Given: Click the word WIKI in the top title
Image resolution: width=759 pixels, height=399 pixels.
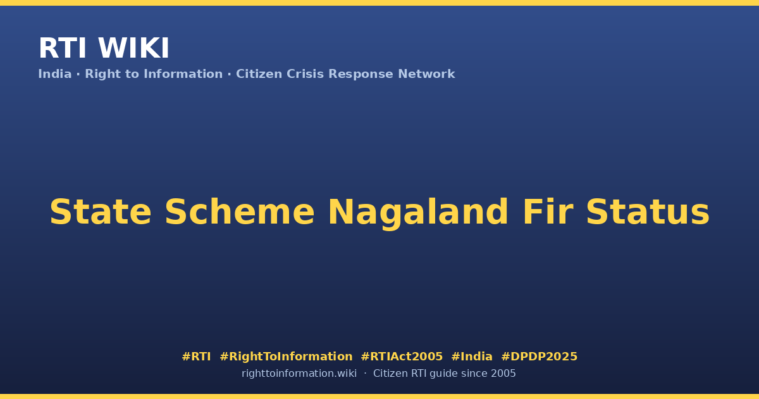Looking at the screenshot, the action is [133, 48].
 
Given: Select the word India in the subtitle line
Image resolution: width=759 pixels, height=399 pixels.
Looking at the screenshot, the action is [55, 74].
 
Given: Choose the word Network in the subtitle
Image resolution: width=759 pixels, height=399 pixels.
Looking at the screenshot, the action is [426, 74].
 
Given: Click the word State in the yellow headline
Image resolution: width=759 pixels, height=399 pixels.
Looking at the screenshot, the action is [101, 212].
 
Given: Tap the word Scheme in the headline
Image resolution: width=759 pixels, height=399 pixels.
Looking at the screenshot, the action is [240, 212].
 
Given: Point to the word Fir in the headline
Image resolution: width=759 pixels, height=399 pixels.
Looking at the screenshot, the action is [548, 212].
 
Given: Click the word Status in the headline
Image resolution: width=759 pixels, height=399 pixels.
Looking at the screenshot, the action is [648, 212].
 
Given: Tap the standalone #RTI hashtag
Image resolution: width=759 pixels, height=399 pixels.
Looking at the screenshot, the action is [197, 357].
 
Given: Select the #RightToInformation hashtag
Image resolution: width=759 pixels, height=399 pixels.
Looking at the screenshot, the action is [287, 357].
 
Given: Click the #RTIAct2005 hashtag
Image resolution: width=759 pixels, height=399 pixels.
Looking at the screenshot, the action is [402, 357].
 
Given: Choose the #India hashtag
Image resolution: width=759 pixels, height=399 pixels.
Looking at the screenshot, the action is [472, 357].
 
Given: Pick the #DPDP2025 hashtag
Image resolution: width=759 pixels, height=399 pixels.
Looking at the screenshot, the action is [540, 357].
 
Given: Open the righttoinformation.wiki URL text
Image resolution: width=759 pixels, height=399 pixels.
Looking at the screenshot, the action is [299, 374].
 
